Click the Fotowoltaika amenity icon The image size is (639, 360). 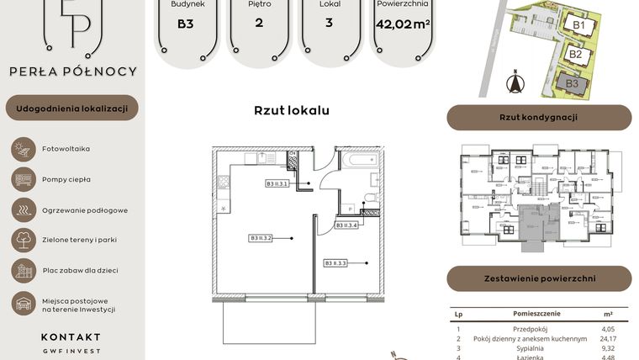pyautogui.click(x=21, y=149)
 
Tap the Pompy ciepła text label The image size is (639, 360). pyautogui.click(x=66, y=179)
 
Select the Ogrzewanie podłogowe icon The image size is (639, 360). pyautogui.click(x=21, y=209)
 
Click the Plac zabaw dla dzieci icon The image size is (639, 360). pyautogui.click(x=21, y=270)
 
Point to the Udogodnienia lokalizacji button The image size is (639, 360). pyautogui.click(x=71, y=109)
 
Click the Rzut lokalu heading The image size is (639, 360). pyautogui.click(x=291, y=110)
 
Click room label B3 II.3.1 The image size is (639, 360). pyautogui.click(x=277, y=183)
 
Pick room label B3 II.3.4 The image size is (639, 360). pyautogui.click(x=347, y=225)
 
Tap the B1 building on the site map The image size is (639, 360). pyautogui.click(x=578, y=25)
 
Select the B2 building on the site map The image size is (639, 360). pyautogui.click(x=576, y=54)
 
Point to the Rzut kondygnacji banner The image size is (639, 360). pyautogui.click(x=538, y=118)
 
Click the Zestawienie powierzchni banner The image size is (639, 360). pyautogui.click(x=538, y=278)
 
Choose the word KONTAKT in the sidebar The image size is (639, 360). pyautogui.click(x=71, y=336)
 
